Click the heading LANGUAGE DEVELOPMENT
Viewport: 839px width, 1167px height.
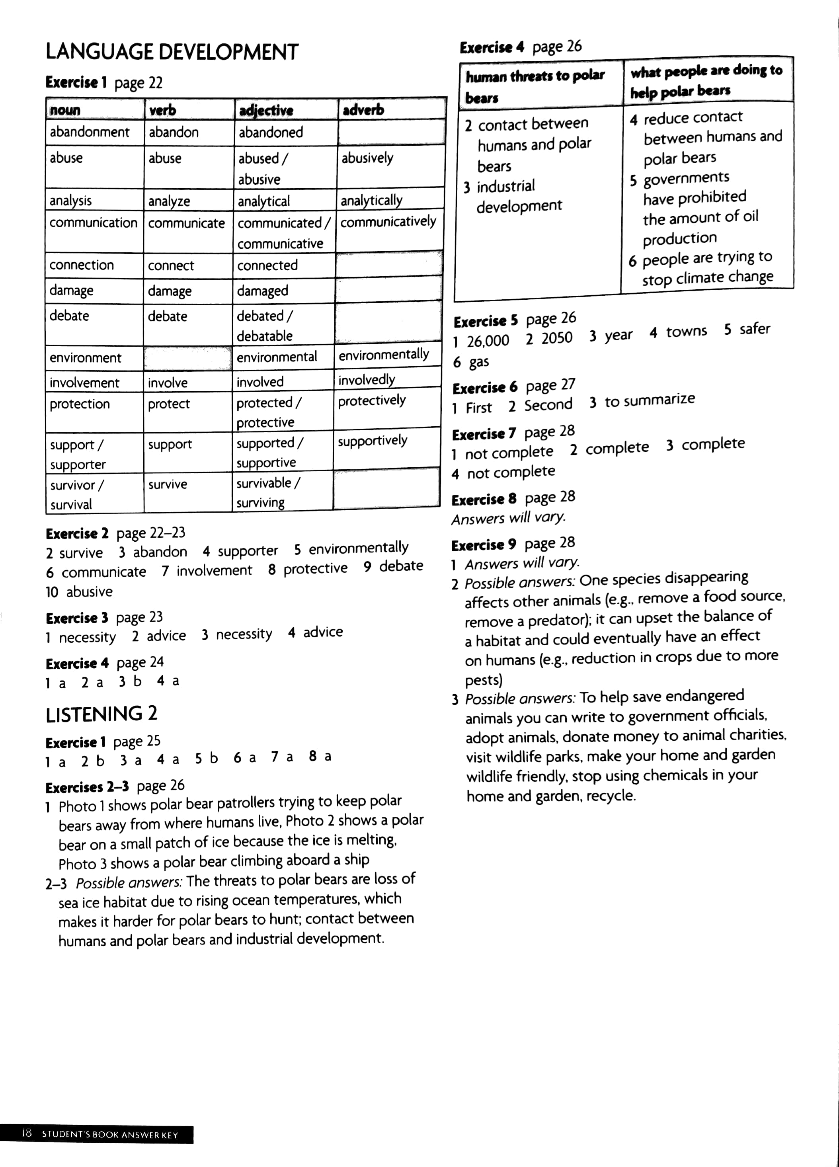tap(172, 52)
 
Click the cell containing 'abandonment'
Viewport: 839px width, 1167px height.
tap(90, 132)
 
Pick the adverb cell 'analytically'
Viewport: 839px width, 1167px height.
tap(371, 200)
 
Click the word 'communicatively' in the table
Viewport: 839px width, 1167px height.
tap(388, 222)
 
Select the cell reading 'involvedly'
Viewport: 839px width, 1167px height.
tap(366, 380)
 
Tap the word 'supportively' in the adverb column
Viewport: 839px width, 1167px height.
tap(373, 441)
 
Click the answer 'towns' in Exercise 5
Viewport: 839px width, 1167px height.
tap(686, 332)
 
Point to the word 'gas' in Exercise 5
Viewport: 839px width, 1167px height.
tap(478, 362)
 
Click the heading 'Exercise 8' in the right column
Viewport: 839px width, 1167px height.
tap(484, 499)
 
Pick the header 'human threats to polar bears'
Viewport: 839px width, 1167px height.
tap(535, 86)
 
